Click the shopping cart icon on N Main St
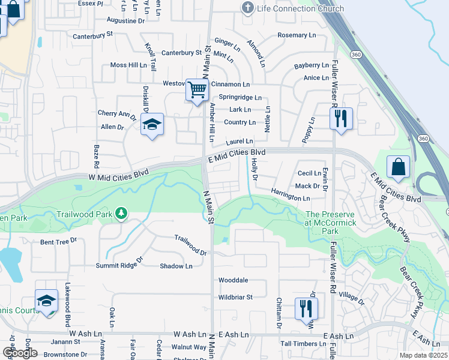pos(196,91)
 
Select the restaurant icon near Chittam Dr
pos(306,309)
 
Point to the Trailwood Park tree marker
pos(122,214)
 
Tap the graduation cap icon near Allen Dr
pos(152,125)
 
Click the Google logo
pos(20,352)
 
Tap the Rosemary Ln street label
pos(296,35)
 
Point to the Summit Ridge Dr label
pos(119,262)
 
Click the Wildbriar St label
pos(235,296)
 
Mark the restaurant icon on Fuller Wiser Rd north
pos(340,118)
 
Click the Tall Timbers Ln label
pos(303,344)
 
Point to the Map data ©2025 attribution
pos(424,355)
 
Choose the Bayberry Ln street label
pos(311,65)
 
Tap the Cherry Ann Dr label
pos(118,113)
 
